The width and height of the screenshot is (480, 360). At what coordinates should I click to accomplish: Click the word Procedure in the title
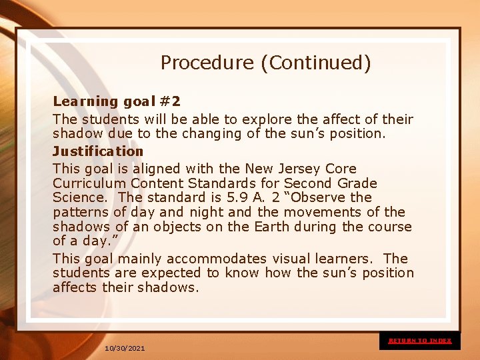(207, 63)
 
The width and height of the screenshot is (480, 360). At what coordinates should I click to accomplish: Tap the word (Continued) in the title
(315, 63)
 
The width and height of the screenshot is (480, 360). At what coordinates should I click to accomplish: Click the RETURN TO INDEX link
(420, 341)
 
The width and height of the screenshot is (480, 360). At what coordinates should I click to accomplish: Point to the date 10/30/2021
(125, 349)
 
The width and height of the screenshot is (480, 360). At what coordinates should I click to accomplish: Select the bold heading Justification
(98, 151)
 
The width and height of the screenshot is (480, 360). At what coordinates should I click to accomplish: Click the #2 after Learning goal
(170, 101)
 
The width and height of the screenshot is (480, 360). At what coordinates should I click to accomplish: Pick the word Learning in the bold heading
(85, 101)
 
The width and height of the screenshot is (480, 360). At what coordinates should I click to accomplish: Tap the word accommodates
(216, 259)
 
